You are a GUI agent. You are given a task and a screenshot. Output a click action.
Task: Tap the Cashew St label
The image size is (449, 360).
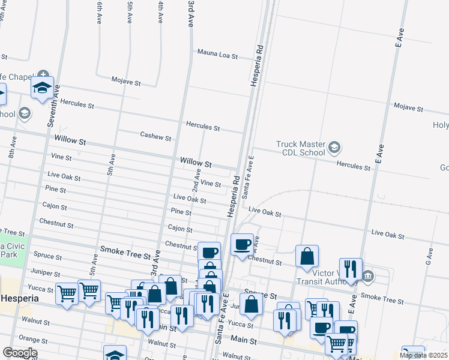click(155, 136)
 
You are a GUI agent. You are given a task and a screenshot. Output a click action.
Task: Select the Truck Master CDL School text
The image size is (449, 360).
click(300, 148)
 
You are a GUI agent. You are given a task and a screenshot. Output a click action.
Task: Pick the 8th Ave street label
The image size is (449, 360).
click(12, 150)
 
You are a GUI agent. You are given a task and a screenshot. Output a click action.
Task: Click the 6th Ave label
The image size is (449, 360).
click(99, 13)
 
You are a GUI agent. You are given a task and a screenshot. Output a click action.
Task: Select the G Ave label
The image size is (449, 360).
click(429, 259)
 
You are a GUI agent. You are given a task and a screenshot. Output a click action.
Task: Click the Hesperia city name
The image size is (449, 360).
click(20, 298)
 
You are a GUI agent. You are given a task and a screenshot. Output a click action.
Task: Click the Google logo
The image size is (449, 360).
click(20, 352)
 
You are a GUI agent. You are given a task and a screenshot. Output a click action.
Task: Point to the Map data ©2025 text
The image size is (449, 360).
click(424, 355)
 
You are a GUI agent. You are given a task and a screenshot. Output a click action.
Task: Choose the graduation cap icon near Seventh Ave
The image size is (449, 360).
click(42, 88)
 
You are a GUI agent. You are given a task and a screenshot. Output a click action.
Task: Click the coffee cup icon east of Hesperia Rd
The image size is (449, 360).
click(242, 244)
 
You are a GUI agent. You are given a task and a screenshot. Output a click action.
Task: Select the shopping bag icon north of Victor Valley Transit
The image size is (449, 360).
click(307, 256)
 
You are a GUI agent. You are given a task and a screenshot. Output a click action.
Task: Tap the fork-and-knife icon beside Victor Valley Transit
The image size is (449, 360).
click(350, 269)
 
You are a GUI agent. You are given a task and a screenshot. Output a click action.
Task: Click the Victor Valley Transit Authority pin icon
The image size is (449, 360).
click(369, 276)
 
